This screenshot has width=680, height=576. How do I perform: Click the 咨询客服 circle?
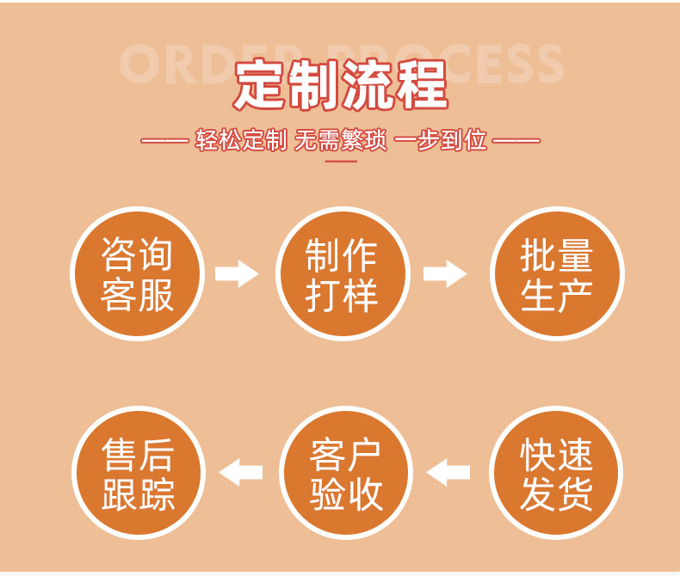[x=137, y=274]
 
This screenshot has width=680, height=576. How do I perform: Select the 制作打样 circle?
[x=342, y=274]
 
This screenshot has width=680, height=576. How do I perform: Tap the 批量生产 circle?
[x=556, y=274]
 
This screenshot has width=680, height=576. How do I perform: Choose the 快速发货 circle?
[x=556, y=474]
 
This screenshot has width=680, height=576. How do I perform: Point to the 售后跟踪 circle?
[x=138, y=474]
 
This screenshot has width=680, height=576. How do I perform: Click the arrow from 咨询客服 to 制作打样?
[x=237, y=274]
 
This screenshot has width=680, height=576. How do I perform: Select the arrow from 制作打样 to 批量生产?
[x=445, y=274]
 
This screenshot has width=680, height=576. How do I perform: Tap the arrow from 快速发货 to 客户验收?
[x=448, y=472]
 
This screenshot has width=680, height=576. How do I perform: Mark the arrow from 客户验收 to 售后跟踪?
[x=241, y=472]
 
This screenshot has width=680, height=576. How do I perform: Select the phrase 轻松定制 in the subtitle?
[x=240, y=140]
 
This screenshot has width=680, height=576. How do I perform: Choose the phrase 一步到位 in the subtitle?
[x=441, y=140]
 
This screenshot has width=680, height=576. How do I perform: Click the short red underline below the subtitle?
[x=341, y=161]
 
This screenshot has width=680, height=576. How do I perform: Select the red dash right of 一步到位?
[x=516, y=140]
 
